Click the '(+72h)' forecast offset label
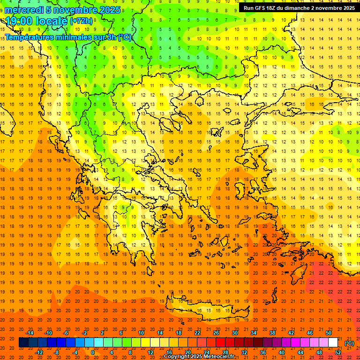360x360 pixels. pos(81,21)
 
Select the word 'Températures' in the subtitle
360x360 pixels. pos(31,37)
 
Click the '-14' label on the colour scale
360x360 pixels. pos(30,333)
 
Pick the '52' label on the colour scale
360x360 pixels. pos(338,352)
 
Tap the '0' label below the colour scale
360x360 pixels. pos(92,352)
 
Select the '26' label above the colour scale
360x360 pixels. pos(216,333)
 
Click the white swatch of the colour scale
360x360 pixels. pos(333,343)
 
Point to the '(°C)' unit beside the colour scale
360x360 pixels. pos(349,343)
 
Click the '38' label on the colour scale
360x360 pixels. pos(272,333)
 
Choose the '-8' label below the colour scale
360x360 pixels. pos(57,352)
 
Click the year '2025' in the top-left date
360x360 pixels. pos(107,10)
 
